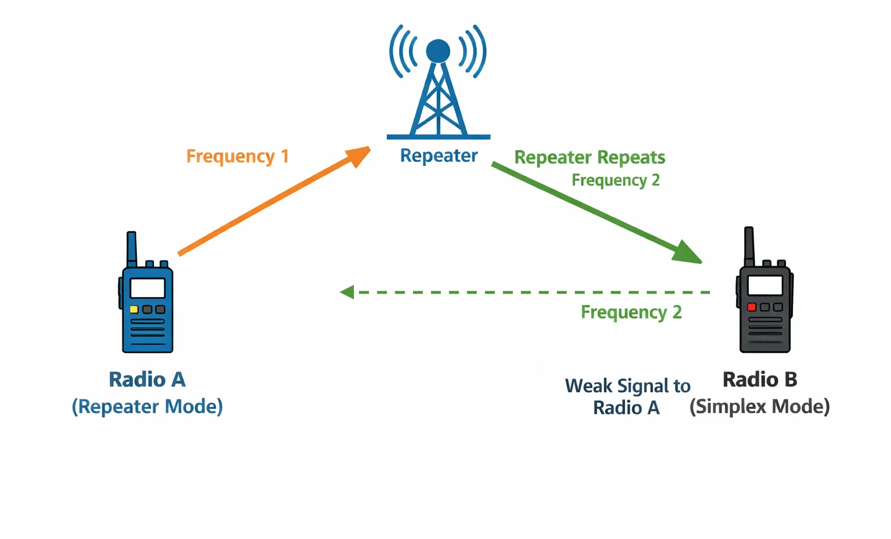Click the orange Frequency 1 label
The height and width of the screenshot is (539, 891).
tap(237, 157)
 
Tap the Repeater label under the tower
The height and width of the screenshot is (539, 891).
tap(439, 155)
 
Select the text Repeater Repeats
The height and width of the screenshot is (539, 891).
tap(589, 157)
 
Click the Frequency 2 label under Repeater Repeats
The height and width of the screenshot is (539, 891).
tap(615, 180)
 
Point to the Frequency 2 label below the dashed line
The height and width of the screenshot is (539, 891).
tap(631, 312)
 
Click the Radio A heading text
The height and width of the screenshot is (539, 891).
tap(147, 379)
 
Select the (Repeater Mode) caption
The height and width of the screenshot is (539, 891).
tap(147, 407)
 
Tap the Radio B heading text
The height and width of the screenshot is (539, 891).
tap(759, 379)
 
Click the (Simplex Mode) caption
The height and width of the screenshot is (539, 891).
tap(759, 407)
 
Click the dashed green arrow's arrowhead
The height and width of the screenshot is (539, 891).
tap(347, 292)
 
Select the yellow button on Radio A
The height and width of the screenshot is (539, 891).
tap(134, 309)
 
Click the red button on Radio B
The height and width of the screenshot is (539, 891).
tap(751, 307)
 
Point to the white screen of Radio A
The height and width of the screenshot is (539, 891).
tap(147, 288)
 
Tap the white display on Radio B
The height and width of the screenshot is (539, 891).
tap(765, 285)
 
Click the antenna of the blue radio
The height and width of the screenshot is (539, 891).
tap(132, 248)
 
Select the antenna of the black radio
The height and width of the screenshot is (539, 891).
tap(749, 244)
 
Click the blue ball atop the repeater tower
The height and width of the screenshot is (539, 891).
tap(438, 51)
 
